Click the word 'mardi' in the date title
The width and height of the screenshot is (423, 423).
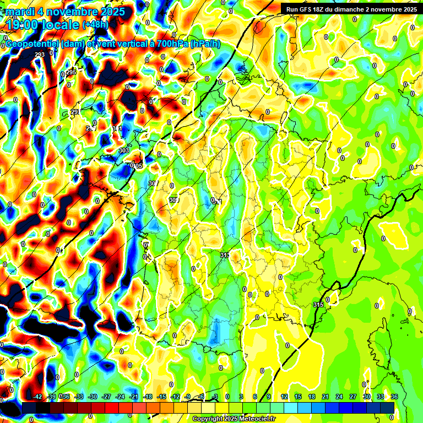point(20,12)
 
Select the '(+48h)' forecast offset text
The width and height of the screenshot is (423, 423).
point(96,25)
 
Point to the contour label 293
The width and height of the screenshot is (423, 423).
point(40,55)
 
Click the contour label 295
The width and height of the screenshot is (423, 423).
point(71,73)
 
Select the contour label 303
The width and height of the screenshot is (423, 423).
point(123,150)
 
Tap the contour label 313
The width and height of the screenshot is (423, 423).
point(225,255)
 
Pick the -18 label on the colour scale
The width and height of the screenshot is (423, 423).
point(147,397)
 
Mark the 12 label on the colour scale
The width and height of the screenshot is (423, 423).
point(284,397)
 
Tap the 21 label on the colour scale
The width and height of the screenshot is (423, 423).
point(326,397)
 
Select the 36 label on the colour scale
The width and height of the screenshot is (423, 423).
point(394,397)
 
